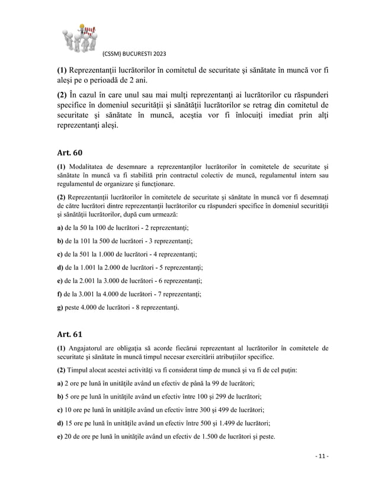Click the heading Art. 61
click(x=70, y=334)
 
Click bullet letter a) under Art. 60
click(x=60, y=227)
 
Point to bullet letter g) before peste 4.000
click(x=60, y=308)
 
